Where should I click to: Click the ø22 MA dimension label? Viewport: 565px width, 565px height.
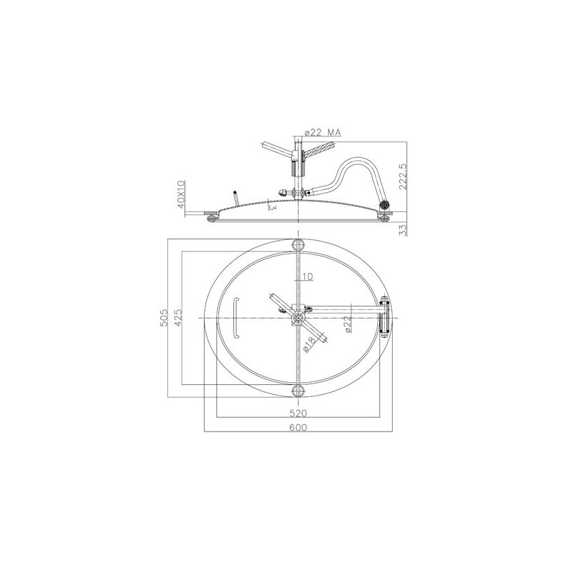(323, 133)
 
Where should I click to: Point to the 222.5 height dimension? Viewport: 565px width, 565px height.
(403, 177)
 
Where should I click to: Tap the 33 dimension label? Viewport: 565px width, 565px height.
(403, 230)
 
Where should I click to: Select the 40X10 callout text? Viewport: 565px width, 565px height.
(181, 194)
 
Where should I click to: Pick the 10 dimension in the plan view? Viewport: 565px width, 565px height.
(307, 276)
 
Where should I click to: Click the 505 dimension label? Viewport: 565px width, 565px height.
(164, 317)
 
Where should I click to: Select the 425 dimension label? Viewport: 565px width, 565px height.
(178, 317)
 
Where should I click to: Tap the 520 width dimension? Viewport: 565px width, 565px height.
(298, 412)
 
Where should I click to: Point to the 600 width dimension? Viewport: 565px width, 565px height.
(298, 427)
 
